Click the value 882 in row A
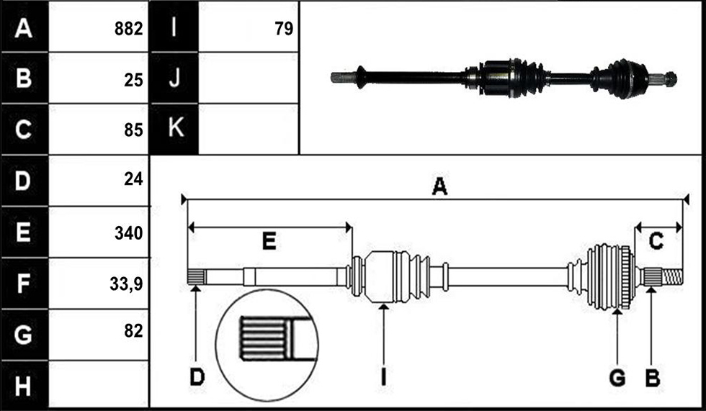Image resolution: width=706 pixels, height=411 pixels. coord(129,29)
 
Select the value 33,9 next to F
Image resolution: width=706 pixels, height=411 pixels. coord(127,284)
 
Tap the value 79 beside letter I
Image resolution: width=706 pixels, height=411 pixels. coord(284,29)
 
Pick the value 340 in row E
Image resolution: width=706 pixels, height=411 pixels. coord(129,233)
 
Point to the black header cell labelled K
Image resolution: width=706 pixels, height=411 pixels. coord(174,129)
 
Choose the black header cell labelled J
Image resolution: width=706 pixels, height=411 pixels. coord(174,78)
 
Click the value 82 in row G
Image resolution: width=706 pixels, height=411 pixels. coord(134,331)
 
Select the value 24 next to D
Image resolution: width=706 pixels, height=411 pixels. coord(134,179)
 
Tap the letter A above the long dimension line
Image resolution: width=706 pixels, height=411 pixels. coord(439,186)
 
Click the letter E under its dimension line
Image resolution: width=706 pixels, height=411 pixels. coord(269,241)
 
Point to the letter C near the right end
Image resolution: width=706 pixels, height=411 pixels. coord(656,241)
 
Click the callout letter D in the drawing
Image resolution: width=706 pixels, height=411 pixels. coord(197,377)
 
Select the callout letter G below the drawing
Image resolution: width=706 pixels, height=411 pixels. coord(617,378)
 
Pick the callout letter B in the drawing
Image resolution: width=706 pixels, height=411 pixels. coord(653,378)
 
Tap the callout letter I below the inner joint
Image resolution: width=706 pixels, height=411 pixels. coord(383,377)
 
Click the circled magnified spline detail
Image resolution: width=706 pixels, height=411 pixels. coord(267,345)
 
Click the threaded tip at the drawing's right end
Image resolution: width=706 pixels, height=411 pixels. coord(672,276)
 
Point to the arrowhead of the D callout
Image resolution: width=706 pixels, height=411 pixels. coord(196,288)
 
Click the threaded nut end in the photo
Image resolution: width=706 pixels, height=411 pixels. coord(671,79)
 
